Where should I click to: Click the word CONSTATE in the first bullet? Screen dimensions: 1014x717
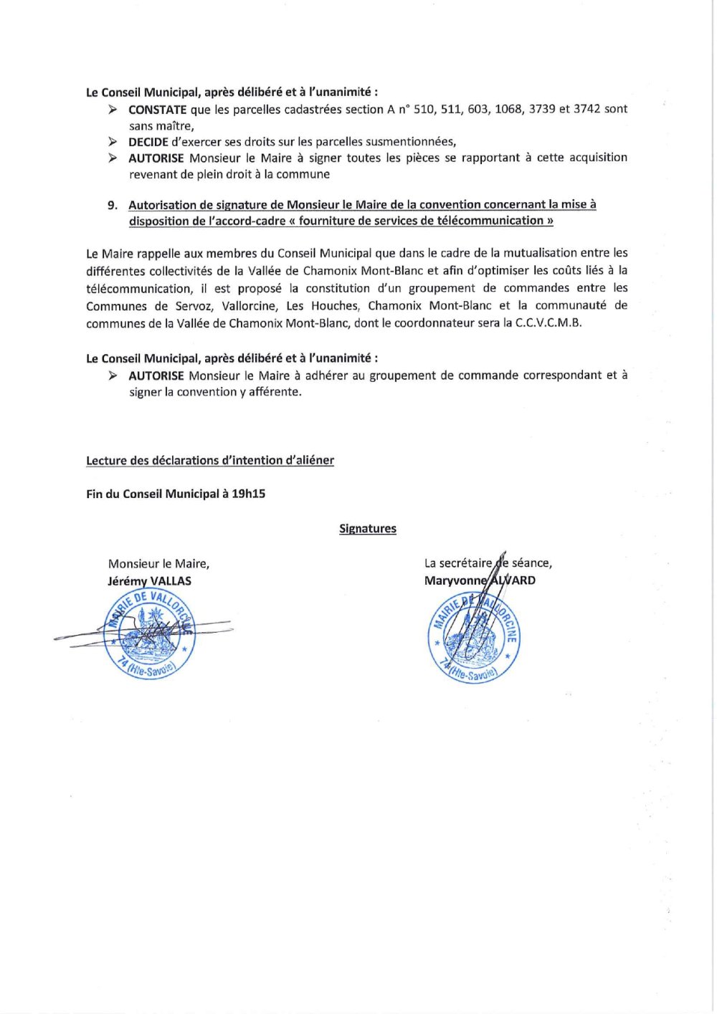pos(157,110)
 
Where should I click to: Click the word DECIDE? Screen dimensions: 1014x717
pos(148,142)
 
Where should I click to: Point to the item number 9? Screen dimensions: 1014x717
pos(113,205)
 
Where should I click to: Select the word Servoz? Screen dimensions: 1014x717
pos(194,306)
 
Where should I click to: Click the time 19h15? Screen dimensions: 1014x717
pos(248,494)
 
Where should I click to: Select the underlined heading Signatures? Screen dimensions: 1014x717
pos(367,529)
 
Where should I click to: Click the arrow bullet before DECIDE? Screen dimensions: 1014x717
pos(113,142)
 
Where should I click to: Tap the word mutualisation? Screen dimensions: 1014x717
pos(544,253)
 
